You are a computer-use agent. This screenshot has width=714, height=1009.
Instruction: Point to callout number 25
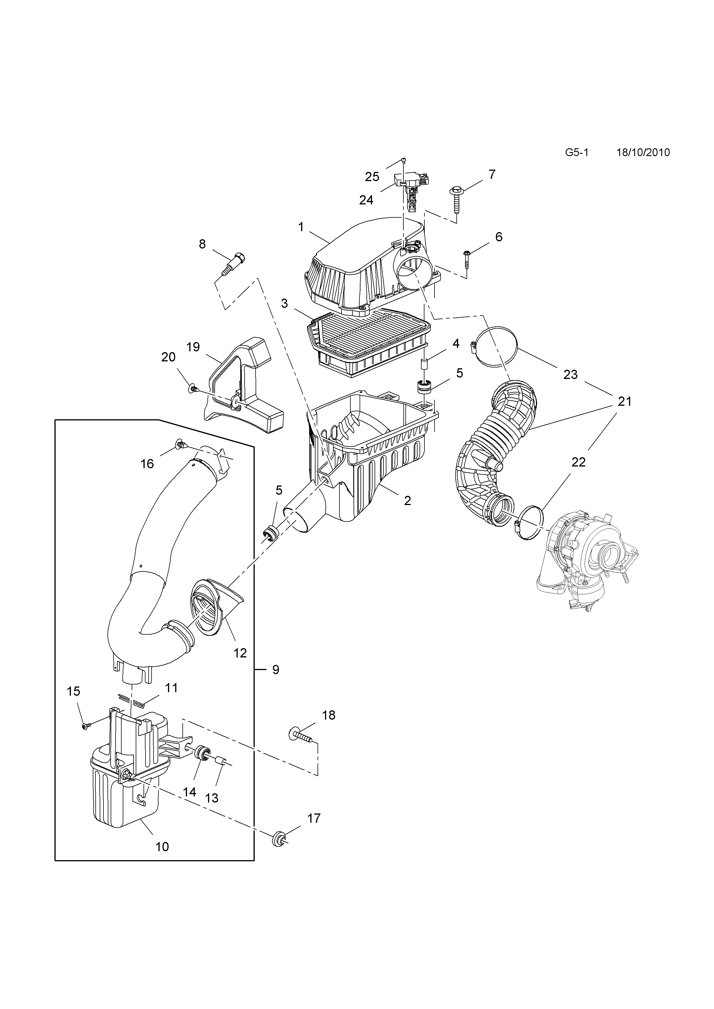click(x=372, y=177)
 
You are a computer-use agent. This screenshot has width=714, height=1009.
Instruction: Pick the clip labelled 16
click(x=180, y=445)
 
